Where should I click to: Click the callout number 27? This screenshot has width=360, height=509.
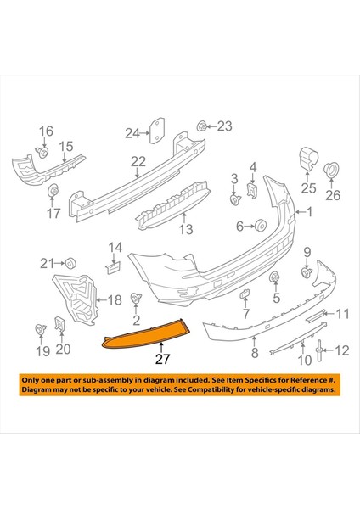pos(161,359)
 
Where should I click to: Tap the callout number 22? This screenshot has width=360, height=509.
pos(138,161)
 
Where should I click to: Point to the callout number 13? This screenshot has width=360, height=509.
pos(185,228)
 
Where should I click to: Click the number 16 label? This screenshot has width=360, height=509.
pos(45,131)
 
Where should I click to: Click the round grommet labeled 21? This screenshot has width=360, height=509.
pos(70,260)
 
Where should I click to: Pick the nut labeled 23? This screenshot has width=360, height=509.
pos(201,128)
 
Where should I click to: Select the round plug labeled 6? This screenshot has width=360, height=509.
pos(262,225)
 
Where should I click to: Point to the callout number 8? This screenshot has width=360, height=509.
pos(253,351)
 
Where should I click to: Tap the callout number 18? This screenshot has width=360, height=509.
pos(114,299)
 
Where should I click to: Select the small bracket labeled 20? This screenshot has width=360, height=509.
pos(60,325)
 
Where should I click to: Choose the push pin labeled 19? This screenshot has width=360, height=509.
pos(38,328)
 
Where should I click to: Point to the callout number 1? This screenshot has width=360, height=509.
pos(309,213)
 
